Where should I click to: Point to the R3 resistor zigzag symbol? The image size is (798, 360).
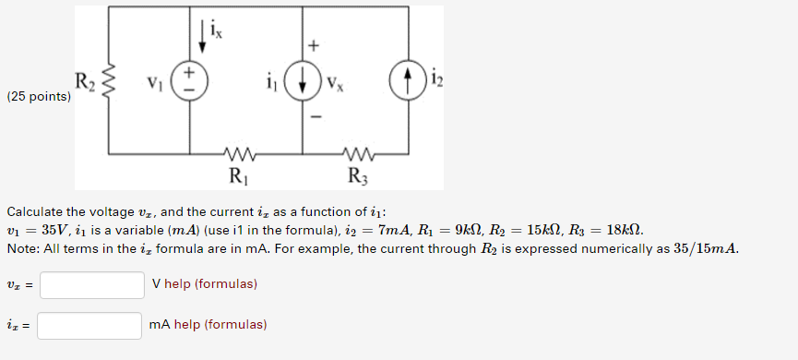pos(355,153)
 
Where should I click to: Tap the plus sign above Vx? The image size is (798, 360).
pos(315,44)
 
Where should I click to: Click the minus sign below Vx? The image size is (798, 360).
pos(315,117)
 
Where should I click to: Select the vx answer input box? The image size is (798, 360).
pos(91,284)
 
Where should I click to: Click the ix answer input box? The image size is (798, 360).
pos(89,325)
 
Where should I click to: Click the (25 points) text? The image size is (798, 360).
pos(38,96)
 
